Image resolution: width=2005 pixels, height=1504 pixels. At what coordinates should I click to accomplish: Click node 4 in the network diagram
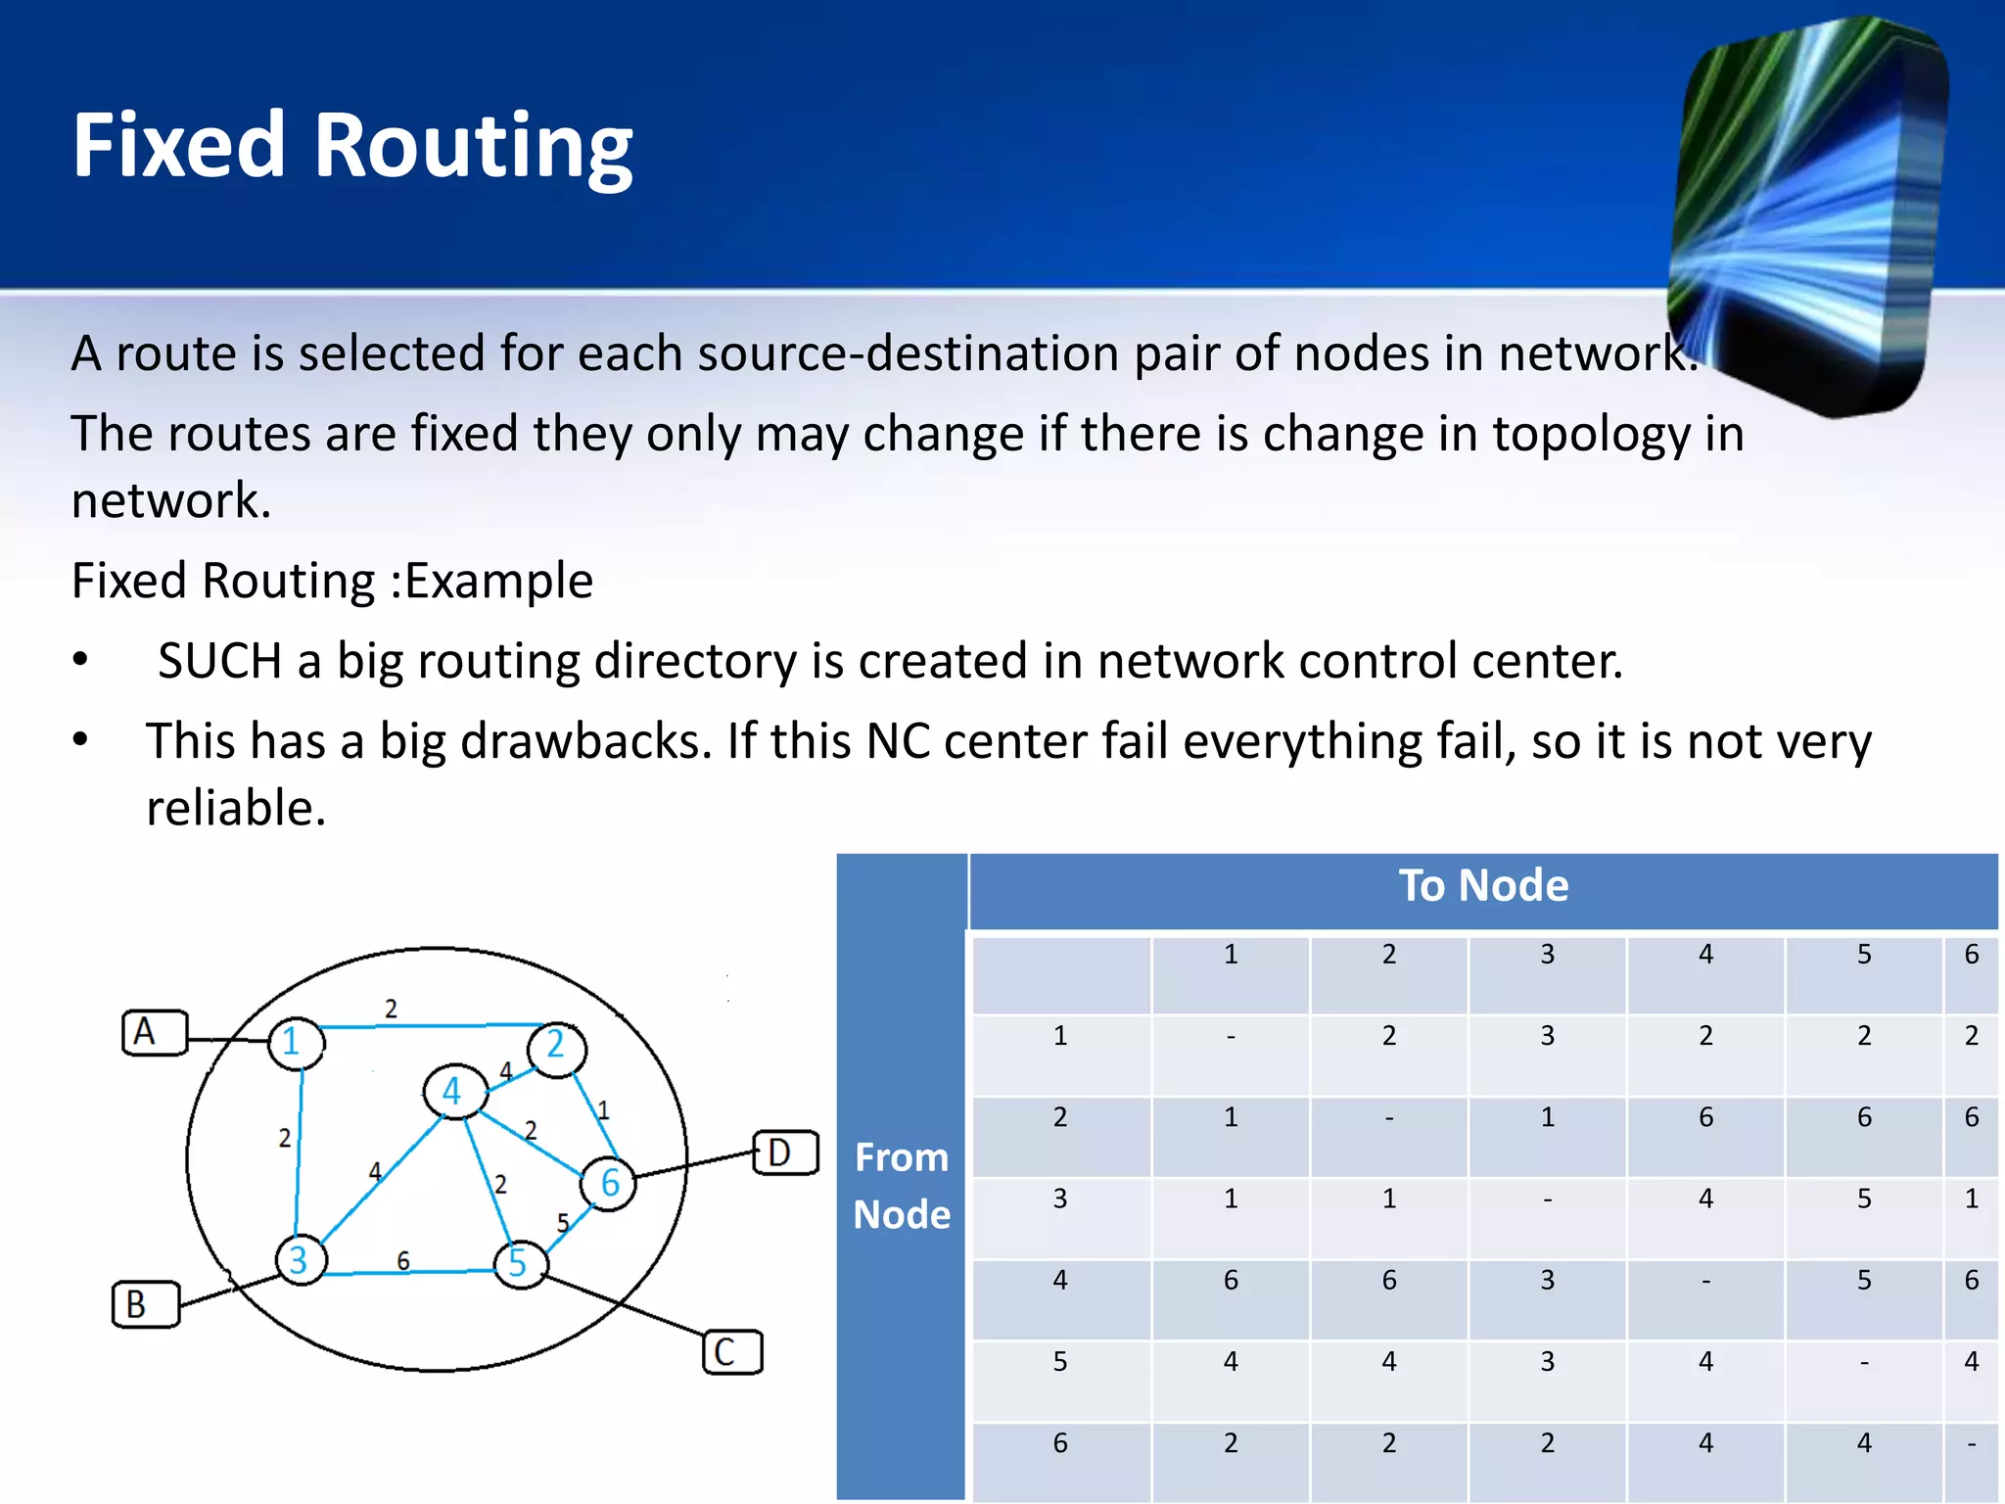click(454, 1091)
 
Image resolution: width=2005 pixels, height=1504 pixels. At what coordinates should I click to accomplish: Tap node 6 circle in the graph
click(608, 1183)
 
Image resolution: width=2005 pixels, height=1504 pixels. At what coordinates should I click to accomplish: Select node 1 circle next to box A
click(295, 1042)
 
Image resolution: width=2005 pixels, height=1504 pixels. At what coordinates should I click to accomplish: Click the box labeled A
click(154, 1033)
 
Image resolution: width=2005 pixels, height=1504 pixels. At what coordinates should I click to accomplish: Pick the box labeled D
click(785, 1152)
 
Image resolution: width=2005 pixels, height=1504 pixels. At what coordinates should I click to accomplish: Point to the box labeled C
click(732, 1352)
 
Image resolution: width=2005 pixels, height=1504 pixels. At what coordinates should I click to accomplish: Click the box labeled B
click(145, 1304)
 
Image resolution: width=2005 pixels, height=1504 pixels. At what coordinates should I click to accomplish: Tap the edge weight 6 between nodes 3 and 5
click(403, 1260)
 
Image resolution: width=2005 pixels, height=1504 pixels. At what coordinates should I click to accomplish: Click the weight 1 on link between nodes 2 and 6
click(603, 1110)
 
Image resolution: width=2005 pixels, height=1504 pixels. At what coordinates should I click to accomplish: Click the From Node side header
click(901, 1185)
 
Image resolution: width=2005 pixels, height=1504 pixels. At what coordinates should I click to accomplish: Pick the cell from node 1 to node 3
click(1547, 1037)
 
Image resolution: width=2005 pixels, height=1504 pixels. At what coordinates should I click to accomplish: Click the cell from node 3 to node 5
click(1863, 1199)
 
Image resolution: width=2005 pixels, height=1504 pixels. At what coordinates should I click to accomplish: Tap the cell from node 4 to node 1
click(1231, 1281)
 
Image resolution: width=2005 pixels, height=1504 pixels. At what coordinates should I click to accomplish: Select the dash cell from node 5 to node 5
click(1863, 1362)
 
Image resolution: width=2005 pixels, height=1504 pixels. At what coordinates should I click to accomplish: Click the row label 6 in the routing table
click(1060, 1443)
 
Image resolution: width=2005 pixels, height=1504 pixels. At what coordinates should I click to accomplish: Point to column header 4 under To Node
click(1705, 955)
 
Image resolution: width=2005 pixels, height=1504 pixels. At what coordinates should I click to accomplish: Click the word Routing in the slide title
click(473, 147)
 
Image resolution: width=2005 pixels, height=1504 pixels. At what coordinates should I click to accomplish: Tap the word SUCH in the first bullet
click(219, 662)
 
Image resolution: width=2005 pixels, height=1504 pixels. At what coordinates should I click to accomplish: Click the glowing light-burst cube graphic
click(1811, 215)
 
